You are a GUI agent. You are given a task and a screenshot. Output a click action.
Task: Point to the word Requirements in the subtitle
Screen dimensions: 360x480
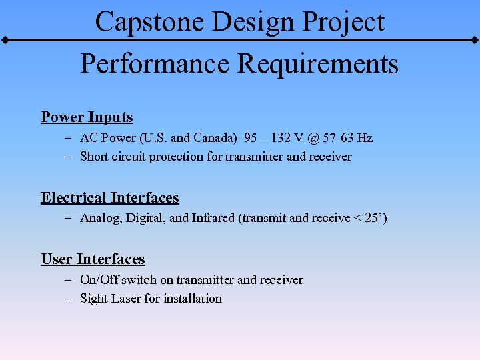317,64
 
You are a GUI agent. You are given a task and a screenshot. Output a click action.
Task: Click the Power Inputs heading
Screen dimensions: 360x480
87,117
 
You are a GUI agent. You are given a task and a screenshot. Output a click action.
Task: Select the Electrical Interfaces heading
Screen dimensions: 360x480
110,198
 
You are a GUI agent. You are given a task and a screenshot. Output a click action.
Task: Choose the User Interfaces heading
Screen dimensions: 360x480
93,259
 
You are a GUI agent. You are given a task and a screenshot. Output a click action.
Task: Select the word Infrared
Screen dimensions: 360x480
213,219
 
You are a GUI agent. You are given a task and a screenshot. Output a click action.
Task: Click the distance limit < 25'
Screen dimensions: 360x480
371,219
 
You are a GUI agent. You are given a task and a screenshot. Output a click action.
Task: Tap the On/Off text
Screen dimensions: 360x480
98,280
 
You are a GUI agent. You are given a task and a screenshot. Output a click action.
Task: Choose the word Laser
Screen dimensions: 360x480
125,299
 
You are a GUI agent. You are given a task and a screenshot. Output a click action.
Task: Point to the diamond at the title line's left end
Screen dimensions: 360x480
5,40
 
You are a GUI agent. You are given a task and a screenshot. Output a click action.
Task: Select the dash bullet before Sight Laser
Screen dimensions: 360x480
69,299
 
